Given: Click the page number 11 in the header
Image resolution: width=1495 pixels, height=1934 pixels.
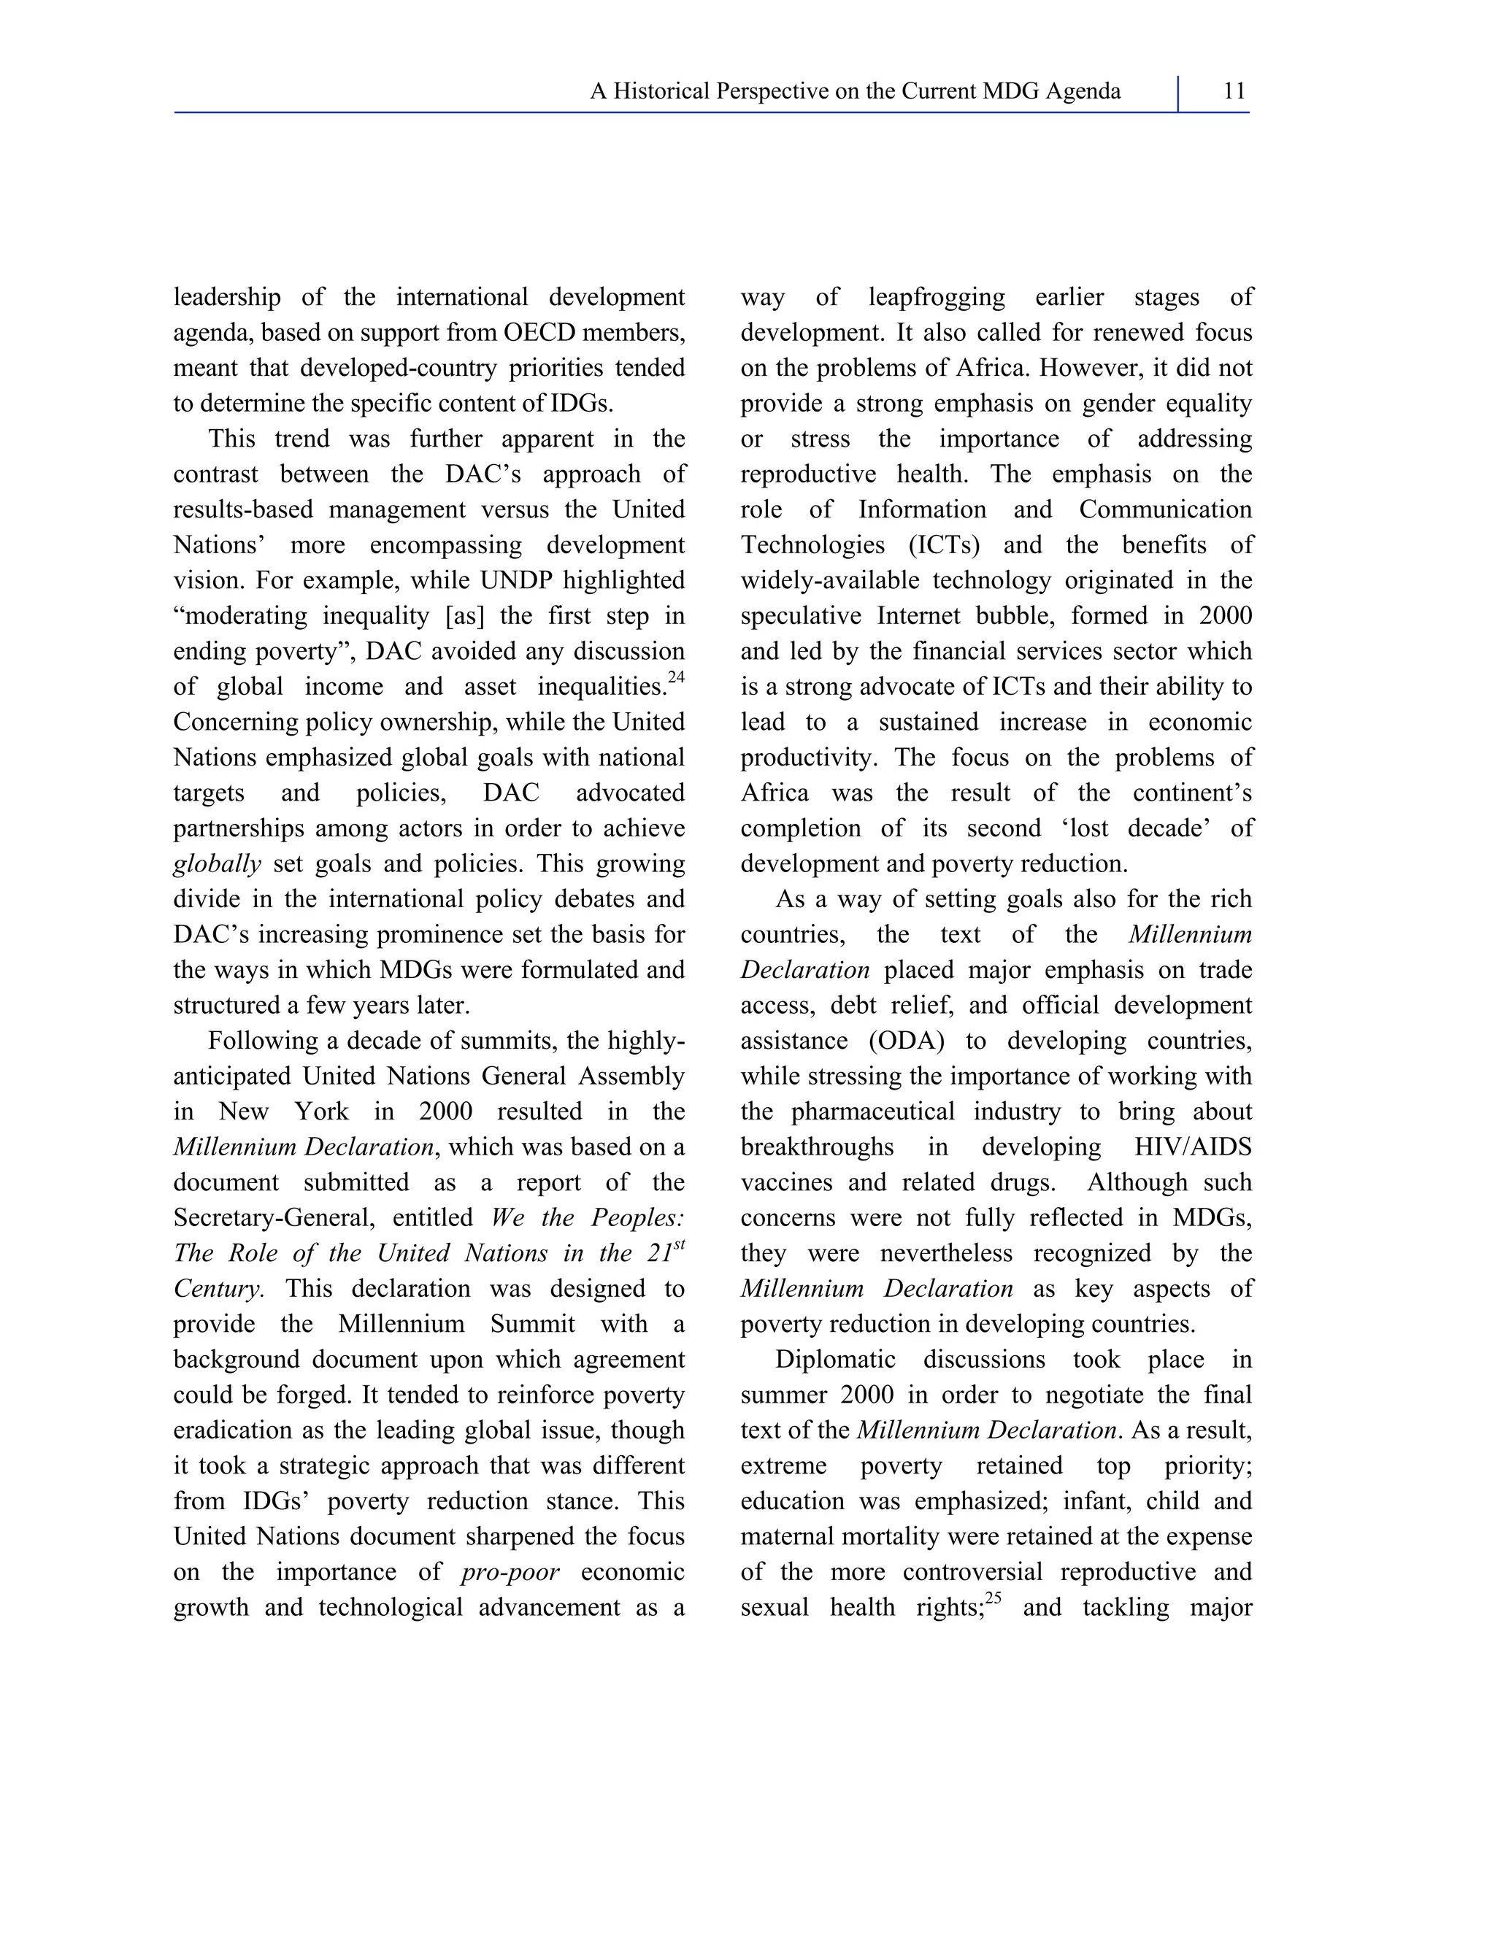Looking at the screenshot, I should click(x=1234, y=91).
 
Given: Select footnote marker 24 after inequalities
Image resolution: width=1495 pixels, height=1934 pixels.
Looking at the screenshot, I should click(x=677, y=678).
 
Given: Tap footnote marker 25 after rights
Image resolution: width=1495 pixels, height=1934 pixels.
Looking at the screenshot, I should click(x=993, y=1599).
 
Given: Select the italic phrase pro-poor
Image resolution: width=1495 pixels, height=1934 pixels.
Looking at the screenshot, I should click(x=511, y=1573).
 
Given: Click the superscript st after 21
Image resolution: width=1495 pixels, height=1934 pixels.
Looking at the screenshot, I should click(x=680, y=1246).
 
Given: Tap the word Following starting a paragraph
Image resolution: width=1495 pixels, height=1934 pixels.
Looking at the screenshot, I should click(x=270, y=1041).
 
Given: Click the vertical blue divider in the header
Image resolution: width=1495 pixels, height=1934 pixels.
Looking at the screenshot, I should click(x=1178, y=93).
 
